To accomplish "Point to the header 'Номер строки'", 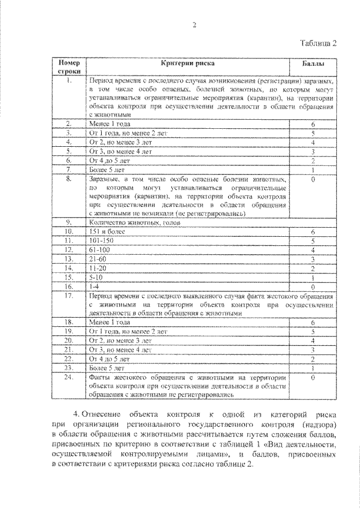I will [x=70, y=67].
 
